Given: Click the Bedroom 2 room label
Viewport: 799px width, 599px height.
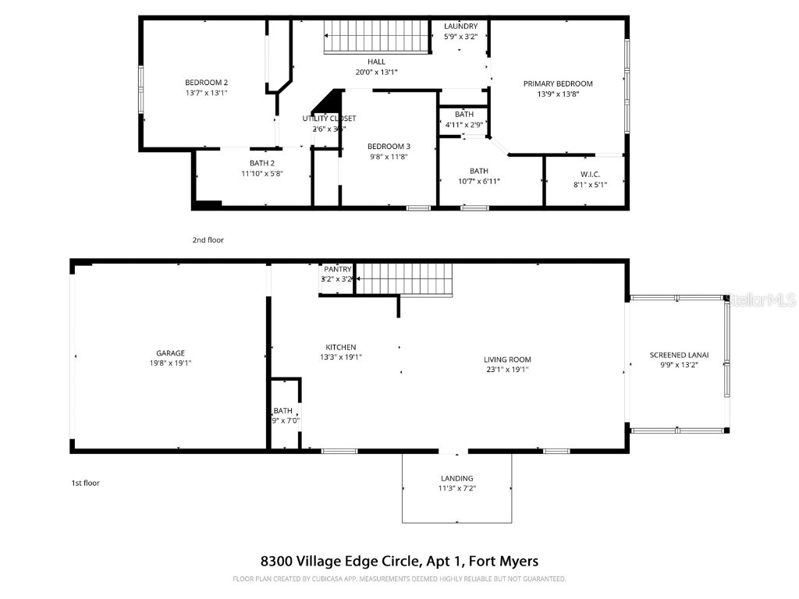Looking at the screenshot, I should [x=206, y=82].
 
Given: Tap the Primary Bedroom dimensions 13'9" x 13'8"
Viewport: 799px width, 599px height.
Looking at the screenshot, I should [x=558, y=94].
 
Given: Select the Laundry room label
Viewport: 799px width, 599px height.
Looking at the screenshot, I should [x=460, y=26].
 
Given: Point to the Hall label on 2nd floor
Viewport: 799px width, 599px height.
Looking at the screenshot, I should [x=376, y=62].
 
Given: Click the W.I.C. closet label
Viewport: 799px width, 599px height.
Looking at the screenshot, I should [x=589, y=173].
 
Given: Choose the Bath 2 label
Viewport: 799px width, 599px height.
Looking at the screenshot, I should [x=261, y=162].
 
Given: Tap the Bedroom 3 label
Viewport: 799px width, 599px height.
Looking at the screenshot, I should [x=389, y=146].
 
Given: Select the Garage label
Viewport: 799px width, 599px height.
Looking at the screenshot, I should [x=170, y=353].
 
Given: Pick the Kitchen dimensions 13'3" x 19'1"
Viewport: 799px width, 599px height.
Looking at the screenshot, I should [x=341, y=357].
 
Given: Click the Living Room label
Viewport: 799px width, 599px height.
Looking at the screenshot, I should [x=507, y=360].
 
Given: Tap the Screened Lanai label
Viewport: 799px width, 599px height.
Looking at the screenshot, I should [x=677, y=355].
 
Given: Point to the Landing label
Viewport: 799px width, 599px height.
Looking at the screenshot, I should [x=456, y=478].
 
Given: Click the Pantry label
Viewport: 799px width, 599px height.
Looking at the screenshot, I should [x=338, y=269].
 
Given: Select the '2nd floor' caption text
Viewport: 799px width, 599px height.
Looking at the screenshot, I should [x=208, y=239].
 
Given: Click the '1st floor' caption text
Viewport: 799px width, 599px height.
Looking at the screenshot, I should [x=85, y=483].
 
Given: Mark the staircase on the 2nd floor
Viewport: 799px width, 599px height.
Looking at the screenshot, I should [x=378, y=37].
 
